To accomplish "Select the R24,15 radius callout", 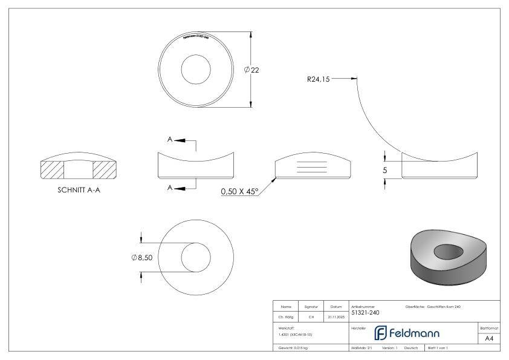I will click(318, 79).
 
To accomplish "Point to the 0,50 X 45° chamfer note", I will click(239, 191).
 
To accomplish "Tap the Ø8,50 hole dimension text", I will click(143, 257).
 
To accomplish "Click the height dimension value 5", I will click(384, 171).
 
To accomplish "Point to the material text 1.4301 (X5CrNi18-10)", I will click(296, 335).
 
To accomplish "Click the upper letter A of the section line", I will click(170, 140).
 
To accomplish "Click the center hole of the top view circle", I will click(195, 68).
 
